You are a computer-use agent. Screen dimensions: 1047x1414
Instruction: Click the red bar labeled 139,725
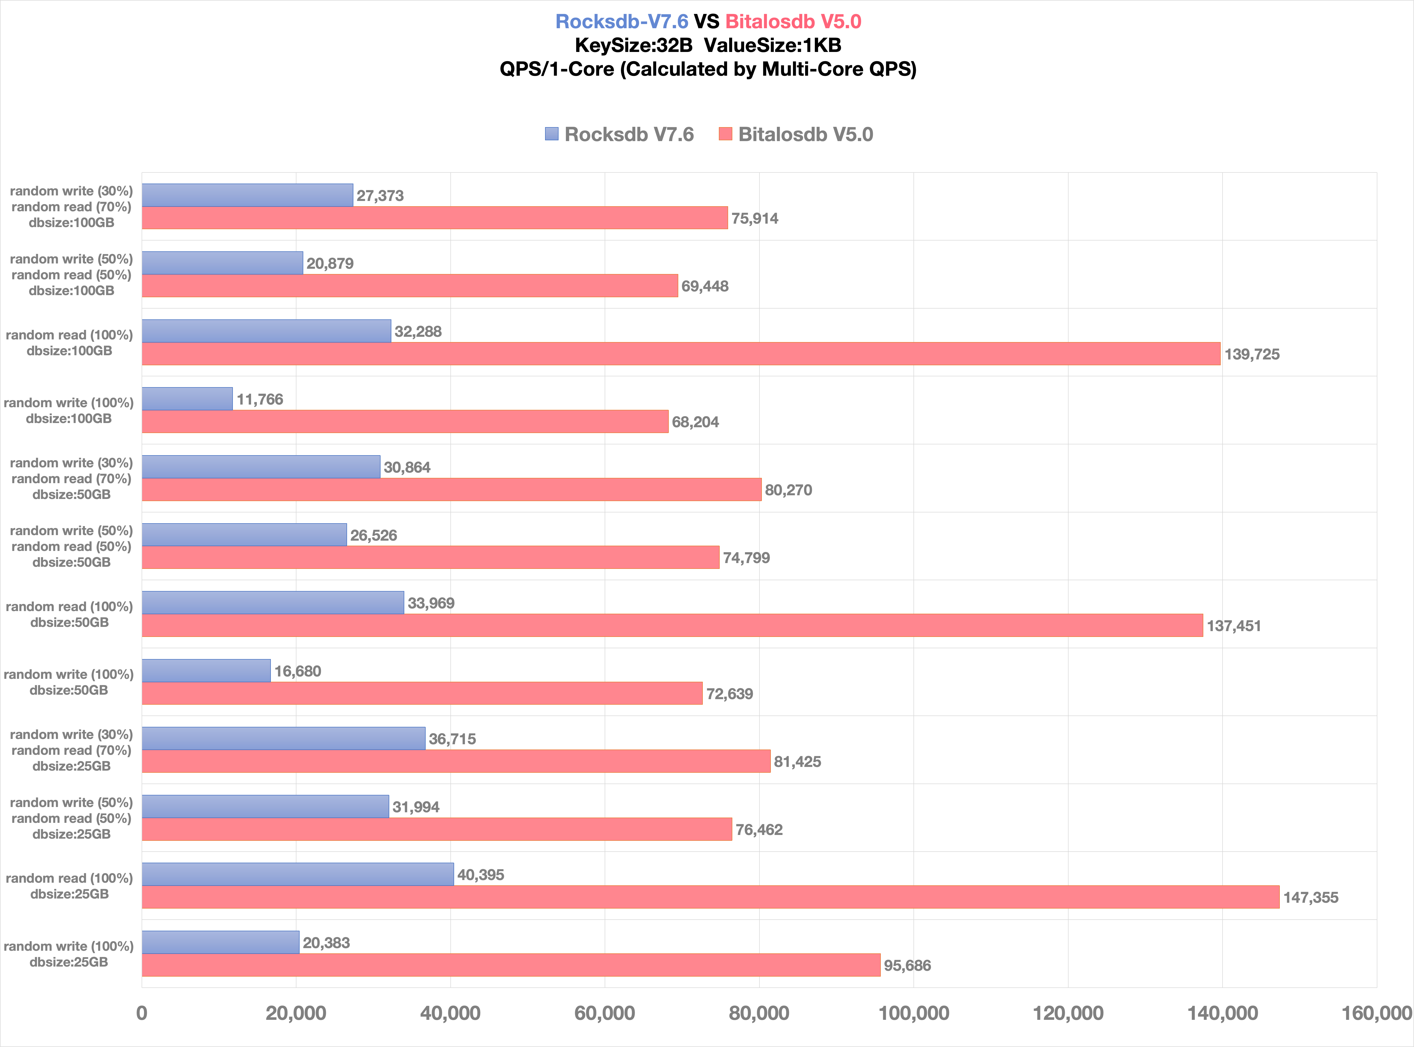(681, 354)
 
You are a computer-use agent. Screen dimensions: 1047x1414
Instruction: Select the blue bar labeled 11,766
(187, 399)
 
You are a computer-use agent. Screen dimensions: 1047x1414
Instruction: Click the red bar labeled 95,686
(511, 965)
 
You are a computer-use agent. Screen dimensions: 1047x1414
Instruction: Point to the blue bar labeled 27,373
(247, 195)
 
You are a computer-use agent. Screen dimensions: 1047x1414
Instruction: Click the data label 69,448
(705, 286)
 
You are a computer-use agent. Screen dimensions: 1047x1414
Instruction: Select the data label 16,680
(297, 671)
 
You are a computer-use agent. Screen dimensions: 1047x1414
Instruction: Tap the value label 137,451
(1233, 626)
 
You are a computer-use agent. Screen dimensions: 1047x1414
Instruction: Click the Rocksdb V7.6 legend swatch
(551, 134)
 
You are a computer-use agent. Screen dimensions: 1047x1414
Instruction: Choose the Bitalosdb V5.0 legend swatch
(725, 134)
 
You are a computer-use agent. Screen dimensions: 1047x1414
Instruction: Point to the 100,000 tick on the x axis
(913, 1013)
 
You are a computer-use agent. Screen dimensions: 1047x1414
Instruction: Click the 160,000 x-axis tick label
(1377, 1013)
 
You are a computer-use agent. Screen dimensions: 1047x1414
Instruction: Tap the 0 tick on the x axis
(142, 1013)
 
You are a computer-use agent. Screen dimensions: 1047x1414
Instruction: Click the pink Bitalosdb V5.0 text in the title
(793, 22)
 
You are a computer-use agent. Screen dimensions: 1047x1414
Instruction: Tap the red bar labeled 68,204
(405, 421)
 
